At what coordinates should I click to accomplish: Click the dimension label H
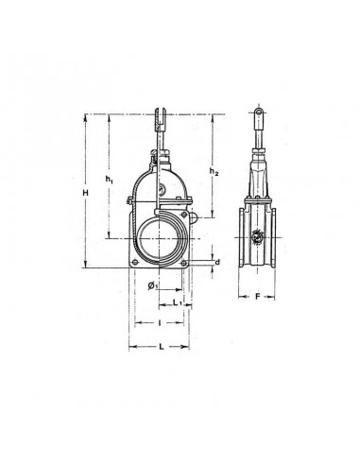85,193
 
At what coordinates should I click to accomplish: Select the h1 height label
109,179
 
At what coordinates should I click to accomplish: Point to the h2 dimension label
214,171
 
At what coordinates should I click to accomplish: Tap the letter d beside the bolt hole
217,262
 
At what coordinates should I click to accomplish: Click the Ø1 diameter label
153,285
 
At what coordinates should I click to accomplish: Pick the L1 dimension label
178,302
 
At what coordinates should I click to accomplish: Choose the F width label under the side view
257,297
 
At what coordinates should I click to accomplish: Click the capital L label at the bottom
161,347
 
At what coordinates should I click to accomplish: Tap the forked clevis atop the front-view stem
160,120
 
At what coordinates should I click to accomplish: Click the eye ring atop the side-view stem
258,112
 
